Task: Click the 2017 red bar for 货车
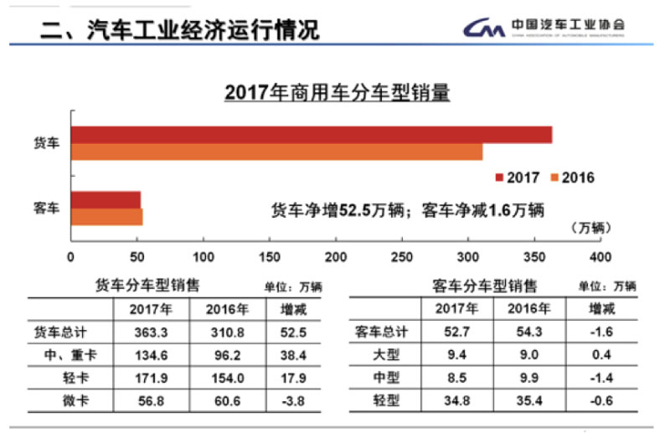coord(311,135)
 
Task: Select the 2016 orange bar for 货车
coord(276,152)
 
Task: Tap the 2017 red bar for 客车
coord(106,199)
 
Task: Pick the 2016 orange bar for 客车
coord(106,217)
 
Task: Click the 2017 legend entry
coord(517,178)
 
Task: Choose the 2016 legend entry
coord(572,178)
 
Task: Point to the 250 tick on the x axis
coord(402,255)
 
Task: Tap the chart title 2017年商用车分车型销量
coord(338,93)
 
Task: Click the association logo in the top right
coord(544,28)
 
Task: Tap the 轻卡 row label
coord(66,378)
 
